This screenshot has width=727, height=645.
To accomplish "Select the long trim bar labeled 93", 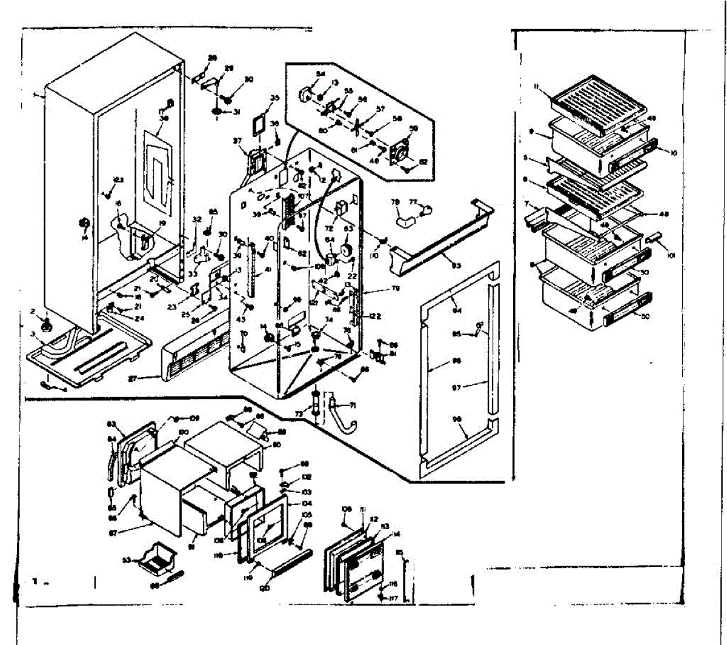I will pyautogui.click(x=442, y=233).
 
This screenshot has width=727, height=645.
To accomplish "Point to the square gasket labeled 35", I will pyautogui.click(x=259, y=128).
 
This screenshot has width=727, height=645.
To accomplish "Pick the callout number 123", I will pyautogui.click(x=119, y=179).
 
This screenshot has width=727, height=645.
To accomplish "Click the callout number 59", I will pyautogui.click(x=414, y=129).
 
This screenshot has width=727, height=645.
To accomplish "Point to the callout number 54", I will pyautogui.click(x=320, y=75).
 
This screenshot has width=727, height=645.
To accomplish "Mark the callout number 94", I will pyautogui.click(x=457, y=311).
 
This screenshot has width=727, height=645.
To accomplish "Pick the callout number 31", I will pyautogui.click(x=237, y=112).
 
